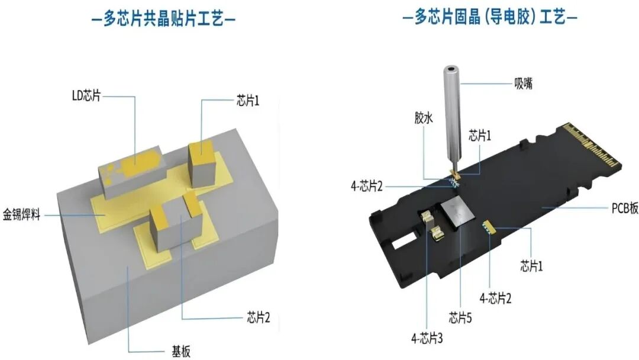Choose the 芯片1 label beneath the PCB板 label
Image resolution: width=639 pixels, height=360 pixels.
[531, 266]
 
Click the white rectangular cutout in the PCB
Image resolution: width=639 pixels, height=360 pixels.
[402, 241]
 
